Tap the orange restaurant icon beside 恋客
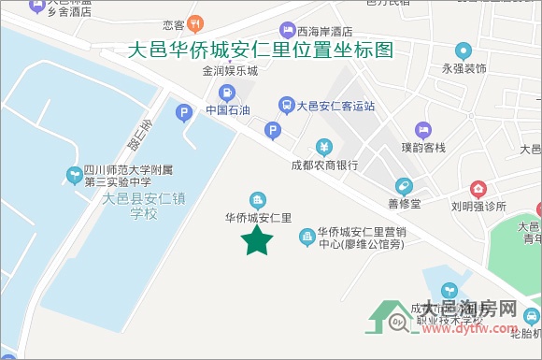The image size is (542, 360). pos(196,22)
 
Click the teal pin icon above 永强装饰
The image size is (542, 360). pos(463,50)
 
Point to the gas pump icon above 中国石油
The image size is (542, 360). pos(227,93)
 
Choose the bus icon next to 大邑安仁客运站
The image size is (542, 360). pos(286,105)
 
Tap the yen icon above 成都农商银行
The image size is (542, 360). pos(322,147)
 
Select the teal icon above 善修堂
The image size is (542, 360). pos(404,185)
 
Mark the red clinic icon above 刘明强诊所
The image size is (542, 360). pos(478,189)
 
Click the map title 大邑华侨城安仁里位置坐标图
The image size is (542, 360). pos(260,50)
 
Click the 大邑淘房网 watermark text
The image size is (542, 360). pos(469,310)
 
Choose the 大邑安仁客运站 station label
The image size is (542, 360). pos(335,106)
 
